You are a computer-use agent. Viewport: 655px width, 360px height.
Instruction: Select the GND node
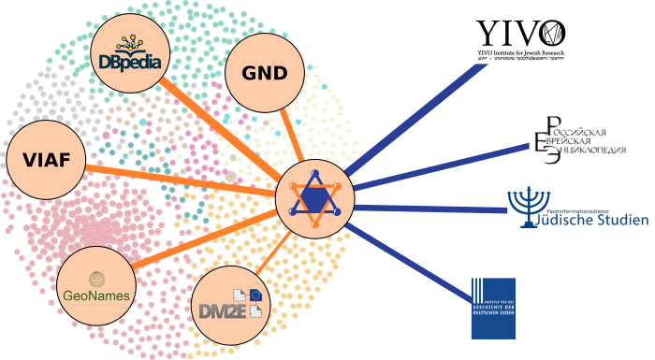[x=264, y=73]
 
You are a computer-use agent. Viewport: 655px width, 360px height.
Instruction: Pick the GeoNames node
[x=95, y=286]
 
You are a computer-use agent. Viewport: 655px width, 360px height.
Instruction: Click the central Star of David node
[x=314, y=197]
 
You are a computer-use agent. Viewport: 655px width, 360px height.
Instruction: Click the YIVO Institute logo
[x=520, y=40]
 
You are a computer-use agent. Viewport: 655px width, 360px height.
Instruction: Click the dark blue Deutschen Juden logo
[x=493, y=308]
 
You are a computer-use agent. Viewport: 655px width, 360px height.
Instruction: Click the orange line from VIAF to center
[x=178, y=180]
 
